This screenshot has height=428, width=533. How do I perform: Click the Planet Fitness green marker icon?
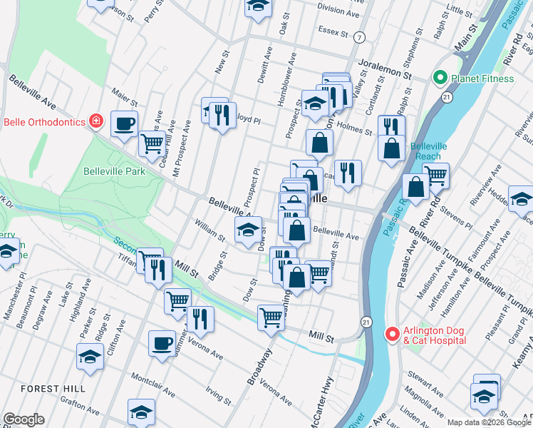(x=440, y=78)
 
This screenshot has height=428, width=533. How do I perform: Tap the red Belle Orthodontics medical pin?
(x=95, y=121)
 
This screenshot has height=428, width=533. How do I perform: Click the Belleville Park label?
(x=114, y=171)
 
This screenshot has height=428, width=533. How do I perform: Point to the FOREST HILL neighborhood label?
(x=53, y=389)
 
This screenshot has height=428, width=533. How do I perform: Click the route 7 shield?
(x=360, y=37)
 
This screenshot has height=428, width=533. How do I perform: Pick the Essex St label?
(x=333, y=33)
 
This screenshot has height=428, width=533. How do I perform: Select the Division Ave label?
(x=338, y=11)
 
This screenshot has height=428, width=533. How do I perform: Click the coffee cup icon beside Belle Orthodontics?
(x=124, y=123)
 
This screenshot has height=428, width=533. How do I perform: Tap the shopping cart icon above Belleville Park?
(x=152, y=143)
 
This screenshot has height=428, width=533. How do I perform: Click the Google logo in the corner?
(x=24, y=419)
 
